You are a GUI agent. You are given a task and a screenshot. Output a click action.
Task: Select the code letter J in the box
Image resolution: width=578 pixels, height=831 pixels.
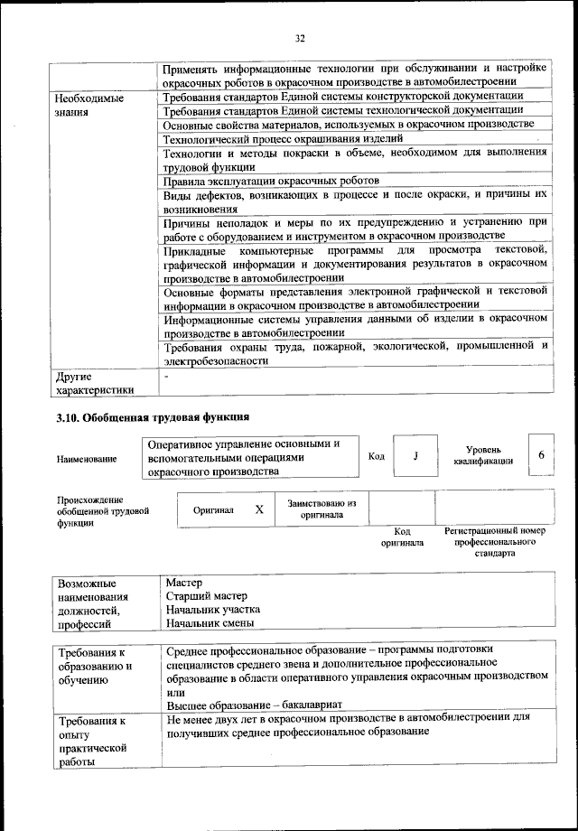[415, 455]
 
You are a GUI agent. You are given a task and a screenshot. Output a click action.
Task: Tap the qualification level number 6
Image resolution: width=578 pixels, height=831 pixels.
[541, 454]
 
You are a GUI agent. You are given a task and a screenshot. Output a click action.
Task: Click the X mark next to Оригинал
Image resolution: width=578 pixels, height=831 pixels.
[259, 509]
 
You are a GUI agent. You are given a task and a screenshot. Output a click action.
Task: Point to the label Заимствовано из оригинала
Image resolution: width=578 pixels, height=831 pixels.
[322, 509]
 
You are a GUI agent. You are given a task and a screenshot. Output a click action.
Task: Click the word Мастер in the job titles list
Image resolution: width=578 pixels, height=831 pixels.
[184, 583]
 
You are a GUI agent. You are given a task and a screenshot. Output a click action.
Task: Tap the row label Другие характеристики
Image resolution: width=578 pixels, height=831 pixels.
[94, 383]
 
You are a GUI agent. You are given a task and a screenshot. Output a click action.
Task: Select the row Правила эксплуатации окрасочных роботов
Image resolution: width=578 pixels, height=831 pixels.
[271, 181]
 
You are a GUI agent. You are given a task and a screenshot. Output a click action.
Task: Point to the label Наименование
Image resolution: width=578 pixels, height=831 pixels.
[87, 460]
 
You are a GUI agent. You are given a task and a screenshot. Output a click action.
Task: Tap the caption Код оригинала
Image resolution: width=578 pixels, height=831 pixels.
[402, 537]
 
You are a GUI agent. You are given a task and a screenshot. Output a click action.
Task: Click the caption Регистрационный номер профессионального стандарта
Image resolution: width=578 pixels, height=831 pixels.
[496, 543]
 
